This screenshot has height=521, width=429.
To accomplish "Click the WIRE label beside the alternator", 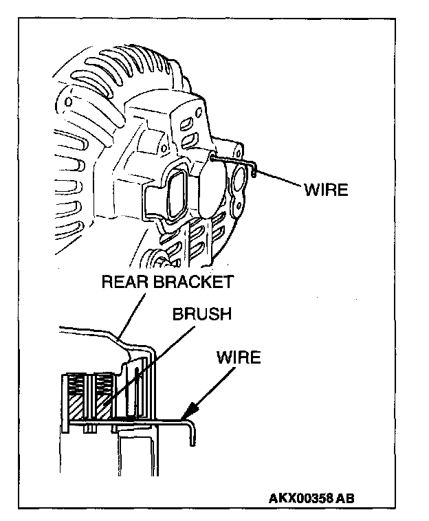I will [326, 189].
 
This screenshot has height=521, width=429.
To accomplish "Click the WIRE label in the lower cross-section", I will [238, 358].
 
